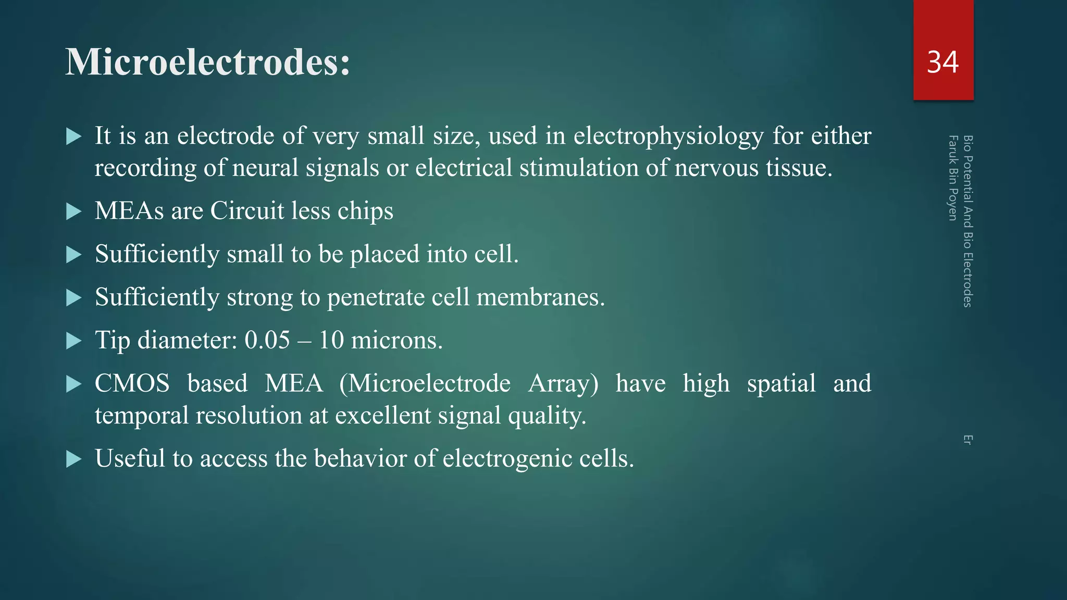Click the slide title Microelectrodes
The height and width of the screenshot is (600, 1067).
(x=207, y=63)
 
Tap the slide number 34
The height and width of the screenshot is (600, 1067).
(x=942, y=63)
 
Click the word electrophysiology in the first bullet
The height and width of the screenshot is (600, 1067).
(x=668, y=136)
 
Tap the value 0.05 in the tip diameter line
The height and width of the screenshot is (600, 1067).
(x=267, y=341)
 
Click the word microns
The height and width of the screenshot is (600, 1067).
(x=396, y=341)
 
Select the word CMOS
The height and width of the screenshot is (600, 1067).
(x=132, y=384)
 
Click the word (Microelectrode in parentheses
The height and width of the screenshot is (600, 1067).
(x=425, y=384)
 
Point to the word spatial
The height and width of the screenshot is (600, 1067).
(x=781, y=384)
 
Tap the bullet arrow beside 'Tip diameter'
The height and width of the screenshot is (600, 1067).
(x=74, y=342)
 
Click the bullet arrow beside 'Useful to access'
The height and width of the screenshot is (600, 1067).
(x=74, y=459)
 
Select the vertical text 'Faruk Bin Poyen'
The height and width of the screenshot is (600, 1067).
(x=953, y=178)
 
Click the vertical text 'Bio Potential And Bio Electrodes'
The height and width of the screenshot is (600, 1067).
(x=967, y=221)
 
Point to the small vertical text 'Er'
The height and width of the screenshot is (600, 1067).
(x=967, y=440)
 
